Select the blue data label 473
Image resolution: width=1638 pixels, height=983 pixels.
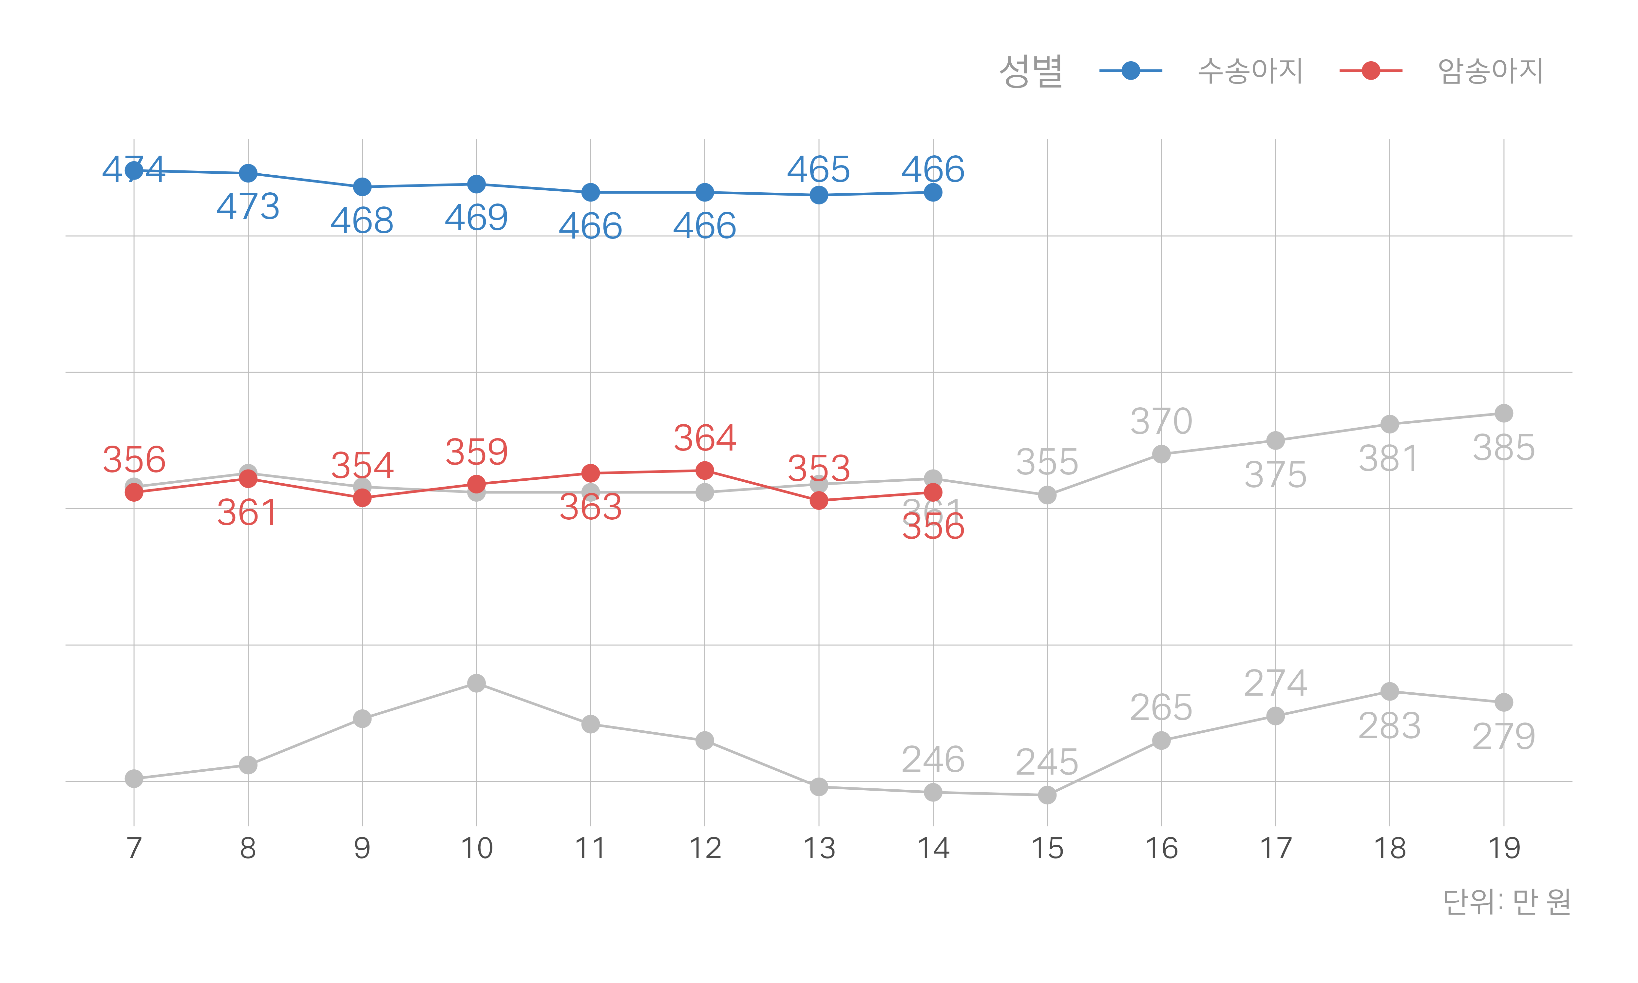(x=248, y=206)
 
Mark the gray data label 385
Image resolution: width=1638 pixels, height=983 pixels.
(x=1504, y=448)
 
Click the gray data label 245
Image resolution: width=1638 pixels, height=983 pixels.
(x=1047, y=762)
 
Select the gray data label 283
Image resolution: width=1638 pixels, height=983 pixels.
(x=1389, y=726)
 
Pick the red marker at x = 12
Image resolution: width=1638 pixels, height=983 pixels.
(x=704, y=470)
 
